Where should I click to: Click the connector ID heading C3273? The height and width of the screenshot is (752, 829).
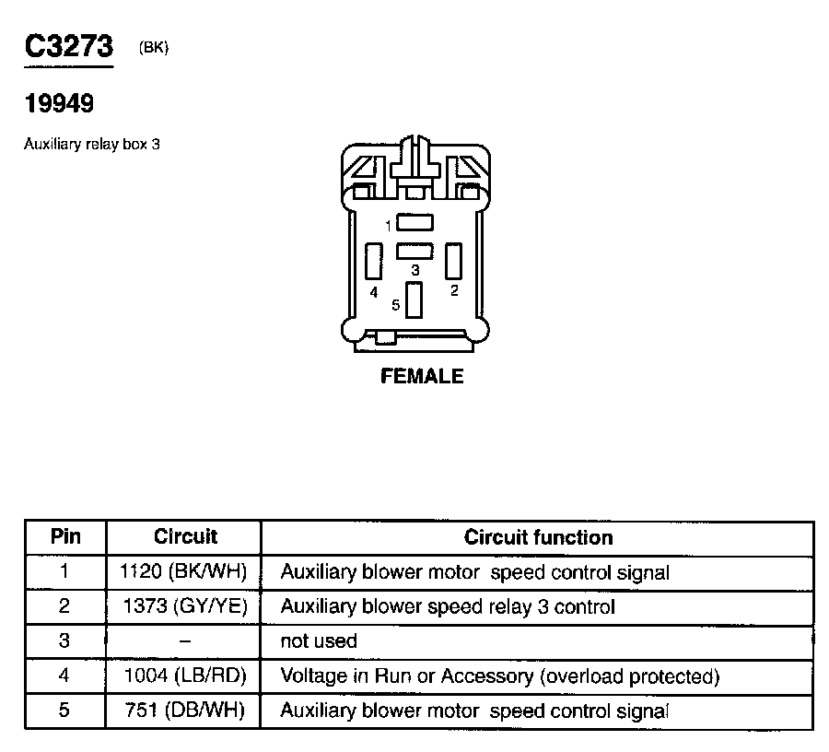point(68,49)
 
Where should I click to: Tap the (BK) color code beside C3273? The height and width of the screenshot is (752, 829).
point(153,49)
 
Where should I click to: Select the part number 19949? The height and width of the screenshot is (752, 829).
point(59,104)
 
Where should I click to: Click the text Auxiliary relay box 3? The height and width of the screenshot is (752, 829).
point(92,145)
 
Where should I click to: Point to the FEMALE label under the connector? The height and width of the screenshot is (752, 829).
point(422,376)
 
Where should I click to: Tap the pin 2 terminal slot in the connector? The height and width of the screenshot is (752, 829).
point(453,261)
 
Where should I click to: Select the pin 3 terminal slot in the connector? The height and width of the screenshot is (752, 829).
point(414,251)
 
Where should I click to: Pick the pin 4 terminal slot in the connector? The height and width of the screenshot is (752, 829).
point(373,261)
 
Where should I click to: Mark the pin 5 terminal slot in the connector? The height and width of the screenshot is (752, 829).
point(414,300)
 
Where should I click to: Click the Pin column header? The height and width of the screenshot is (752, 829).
point(65,537)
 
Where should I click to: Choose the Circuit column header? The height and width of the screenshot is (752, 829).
point(185,537)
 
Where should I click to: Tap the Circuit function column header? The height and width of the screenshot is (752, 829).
point(538,537)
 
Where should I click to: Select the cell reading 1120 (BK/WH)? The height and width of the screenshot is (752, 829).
point(184,572)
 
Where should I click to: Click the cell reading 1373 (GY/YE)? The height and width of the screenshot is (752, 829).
point(184,606)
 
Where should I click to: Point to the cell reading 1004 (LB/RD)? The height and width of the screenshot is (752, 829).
point(185,676)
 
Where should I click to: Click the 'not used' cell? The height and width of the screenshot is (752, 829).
point(318,640)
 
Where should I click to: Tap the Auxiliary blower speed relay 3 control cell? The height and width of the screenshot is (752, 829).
point(447,606)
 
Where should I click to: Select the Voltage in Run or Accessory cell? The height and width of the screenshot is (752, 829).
point(498,676)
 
